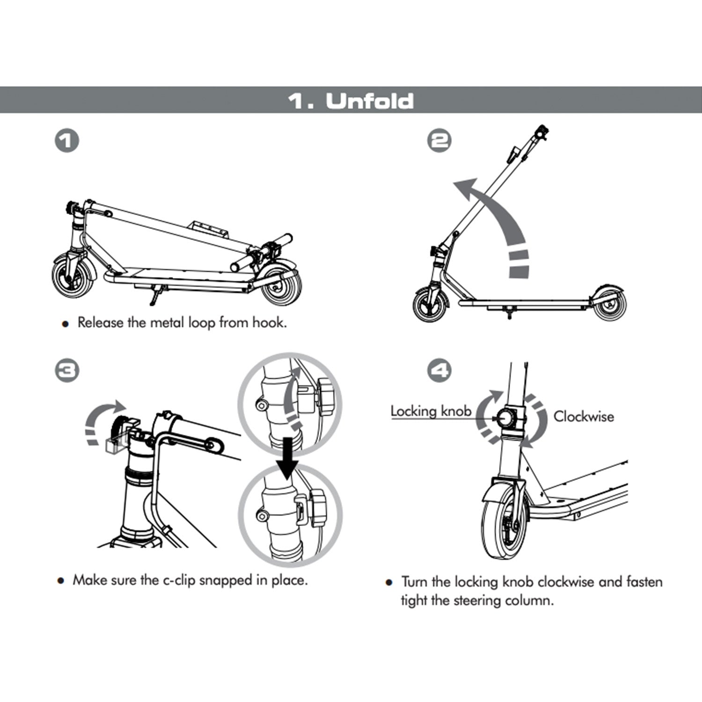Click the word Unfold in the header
pos(370,101)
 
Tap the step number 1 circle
pos(66,141)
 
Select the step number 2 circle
pos(439,141)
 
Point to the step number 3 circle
pos(66,371)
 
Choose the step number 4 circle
pos(439,371)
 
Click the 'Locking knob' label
pos(431,411)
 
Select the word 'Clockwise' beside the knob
pos(584,417)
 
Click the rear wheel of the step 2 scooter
pos(609,305)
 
